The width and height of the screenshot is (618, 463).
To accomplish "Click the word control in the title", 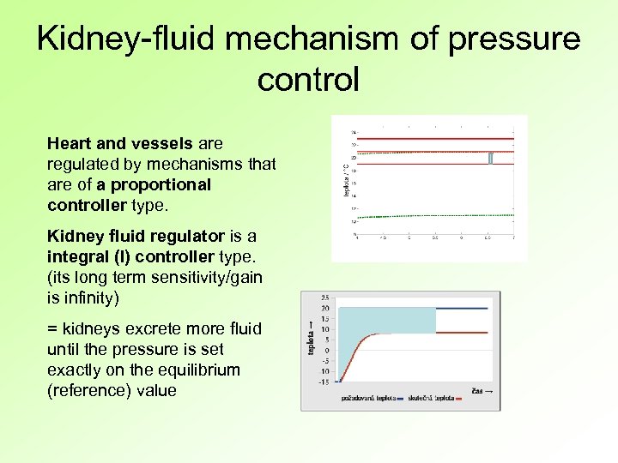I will [308, 80].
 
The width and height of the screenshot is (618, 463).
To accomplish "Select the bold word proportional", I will [162, 184].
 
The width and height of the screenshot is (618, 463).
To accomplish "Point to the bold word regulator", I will [181, 236].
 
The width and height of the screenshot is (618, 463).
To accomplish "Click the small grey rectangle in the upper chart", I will [490, 158].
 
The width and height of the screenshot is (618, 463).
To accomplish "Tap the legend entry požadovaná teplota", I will [368, 398].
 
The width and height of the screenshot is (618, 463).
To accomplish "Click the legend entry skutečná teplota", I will [433, 398].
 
